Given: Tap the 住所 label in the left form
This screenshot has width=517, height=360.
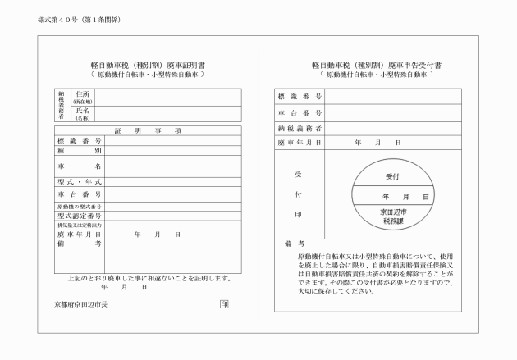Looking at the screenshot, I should click(x=82, y=95).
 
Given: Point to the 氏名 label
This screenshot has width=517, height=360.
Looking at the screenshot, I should click(x=82, y=112).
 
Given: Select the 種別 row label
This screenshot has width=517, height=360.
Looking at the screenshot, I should click(x=80, y=151).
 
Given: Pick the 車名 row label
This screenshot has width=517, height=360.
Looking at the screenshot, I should click(x=80, y=166).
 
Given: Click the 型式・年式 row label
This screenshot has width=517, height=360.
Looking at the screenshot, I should click(x=80, y=182).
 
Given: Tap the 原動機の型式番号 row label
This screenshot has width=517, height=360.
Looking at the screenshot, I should click(x=80, y=206).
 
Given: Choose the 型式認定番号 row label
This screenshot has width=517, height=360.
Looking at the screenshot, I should click(x=80, y=215).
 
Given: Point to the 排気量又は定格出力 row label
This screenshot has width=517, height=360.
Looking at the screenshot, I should click(x=80, y=225).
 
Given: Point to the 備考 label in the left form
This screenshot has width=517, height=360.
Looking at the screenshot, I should click(x=80, y=244).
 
